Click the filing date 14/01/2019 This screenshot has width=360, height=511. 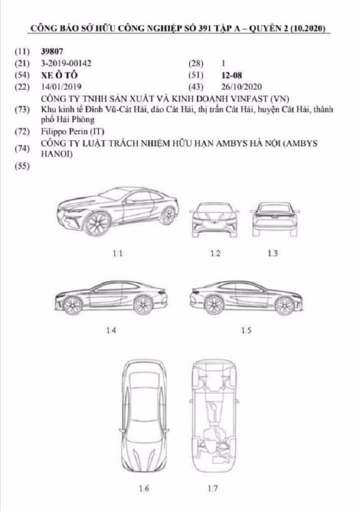click(x=61, y=86)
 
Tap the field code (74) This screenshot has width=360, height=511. click(x=23, y=149)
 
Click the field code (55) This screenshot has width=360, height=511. click(x=23, y=166)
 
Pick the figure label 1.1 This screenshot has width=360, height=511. click(x=118, y=253)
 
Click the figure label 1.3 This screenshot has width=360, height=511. click(x=273, y=253)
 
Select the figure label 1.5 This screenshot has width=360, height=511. click(x=246, y=330)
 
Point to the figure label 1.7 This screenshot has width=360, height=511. click(x=211, y=488)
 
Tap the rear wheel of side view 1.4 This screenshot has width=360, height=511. click(x=143, y=304)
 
